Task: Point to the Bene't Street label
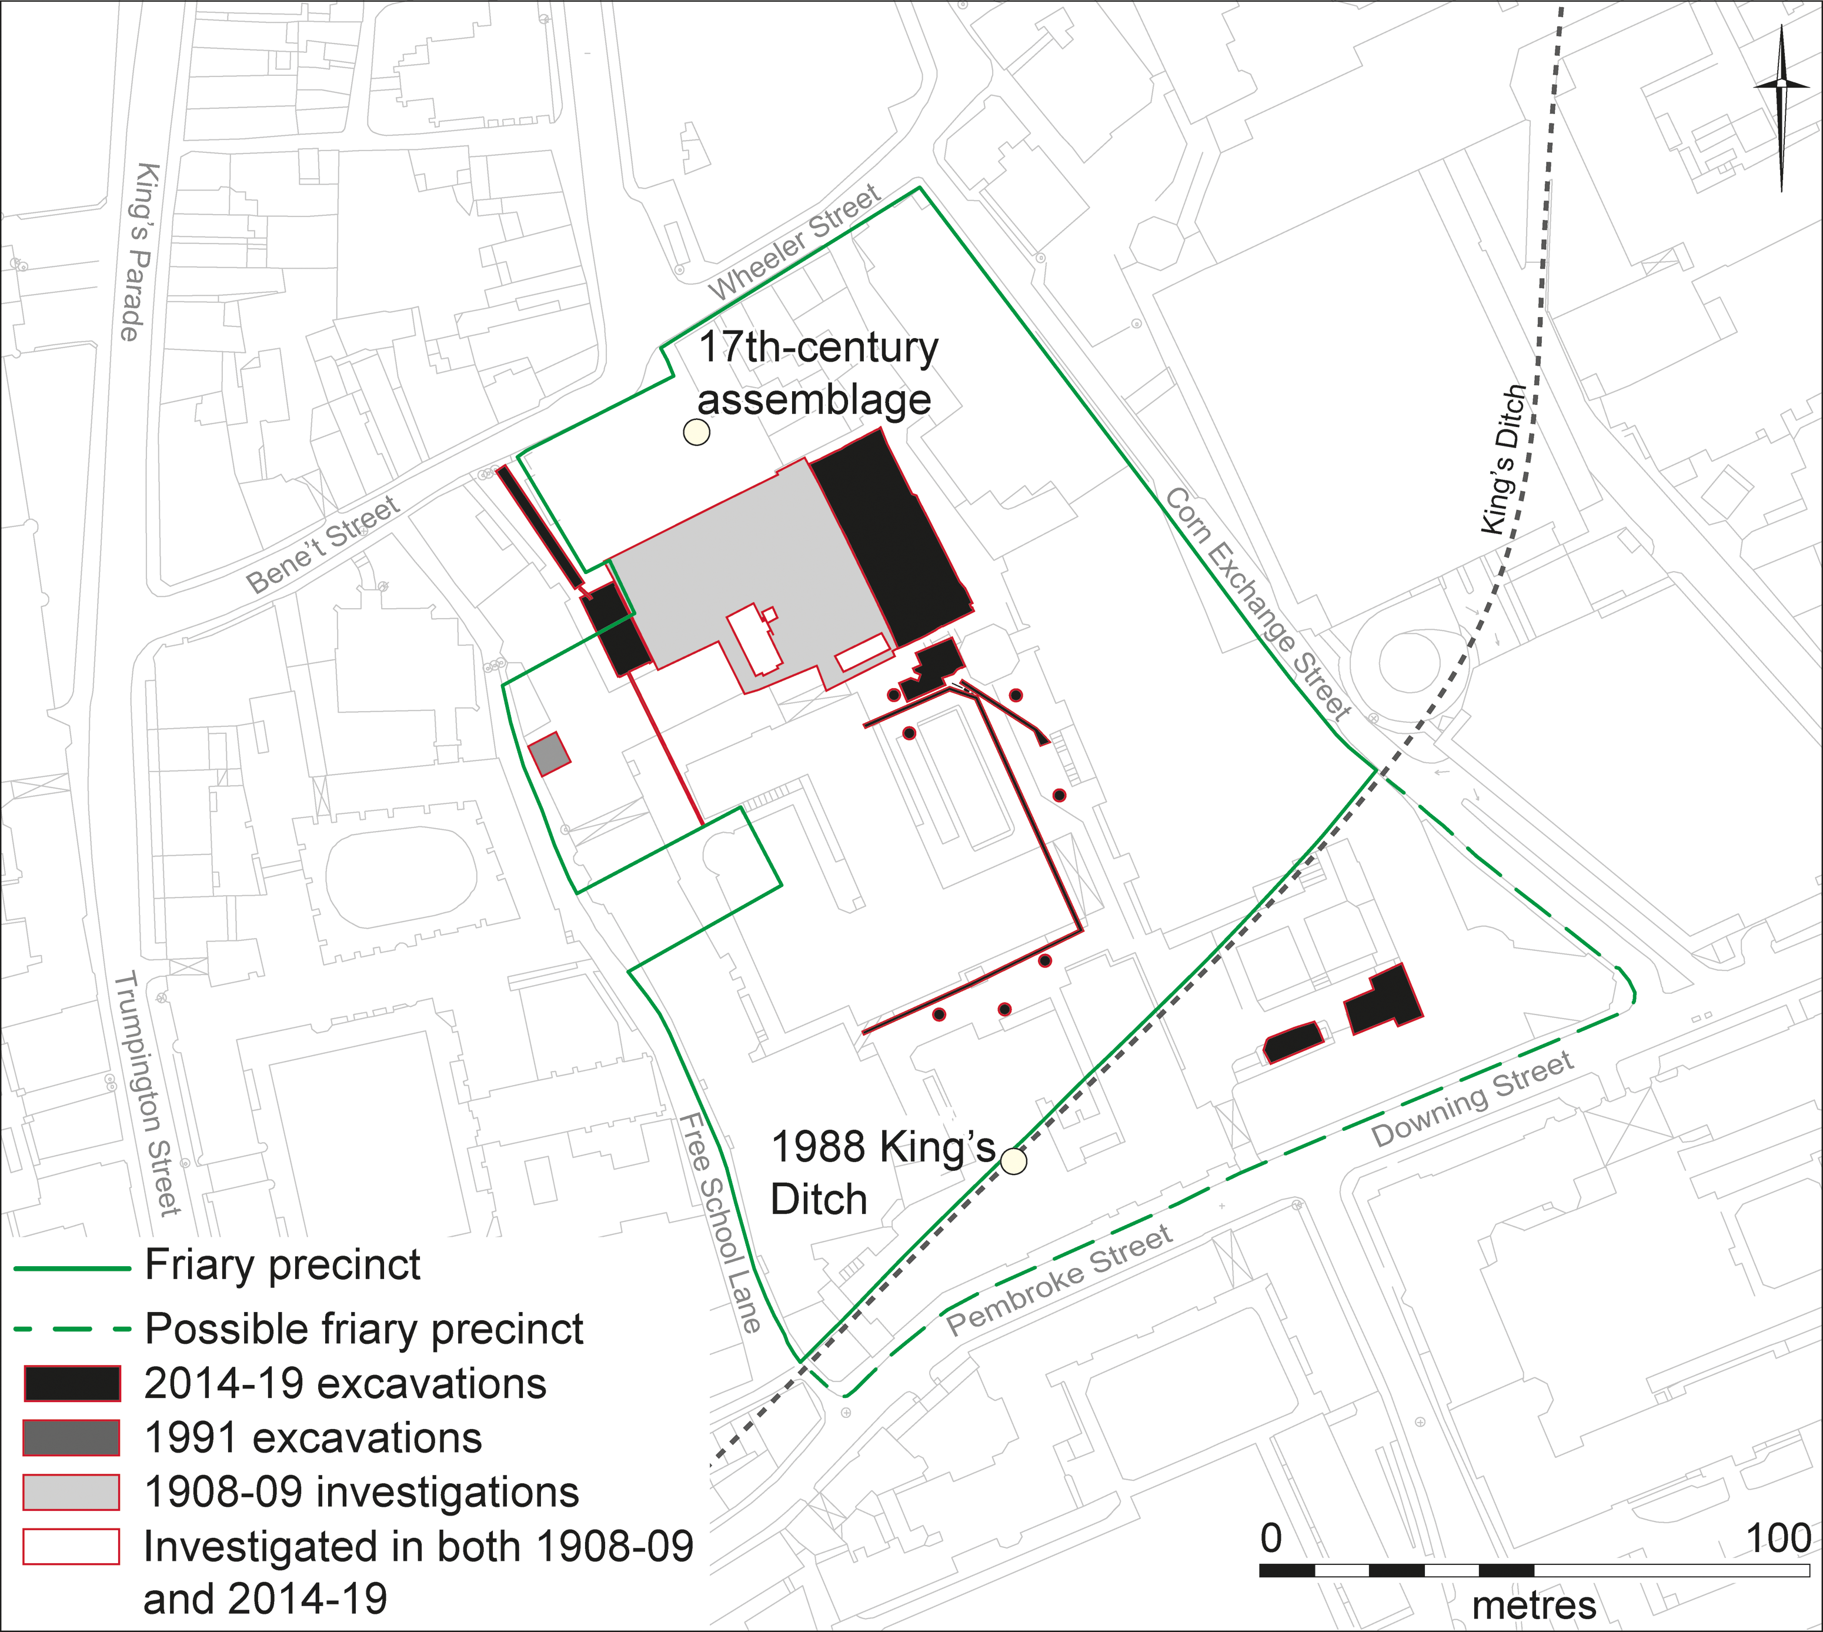(323, 545)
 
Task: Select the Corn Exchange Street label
(1257, 605)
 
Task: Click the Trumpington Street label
(149, 1093)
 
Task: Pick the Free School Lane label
(720, 1223)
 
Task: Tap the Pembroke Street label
(1059, 1280)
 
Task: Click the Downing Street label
(1473, 1099)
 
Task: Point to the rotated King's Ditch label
(1504, 459)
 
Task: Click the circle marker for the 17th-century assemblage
(697, 432)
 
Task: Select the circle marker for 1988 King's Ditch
(1013, 1162)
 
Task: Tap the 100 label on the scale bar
(1779, 1538)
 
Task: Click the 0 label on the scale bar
(1271, 1538)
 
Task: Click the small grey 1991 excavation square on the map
(549, 753)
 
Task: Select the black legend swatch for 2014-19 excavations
(72, 1384)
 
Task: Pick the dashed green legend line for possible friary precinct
(72, 1330)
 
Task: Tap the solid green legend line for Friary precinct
(72, 1268)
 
